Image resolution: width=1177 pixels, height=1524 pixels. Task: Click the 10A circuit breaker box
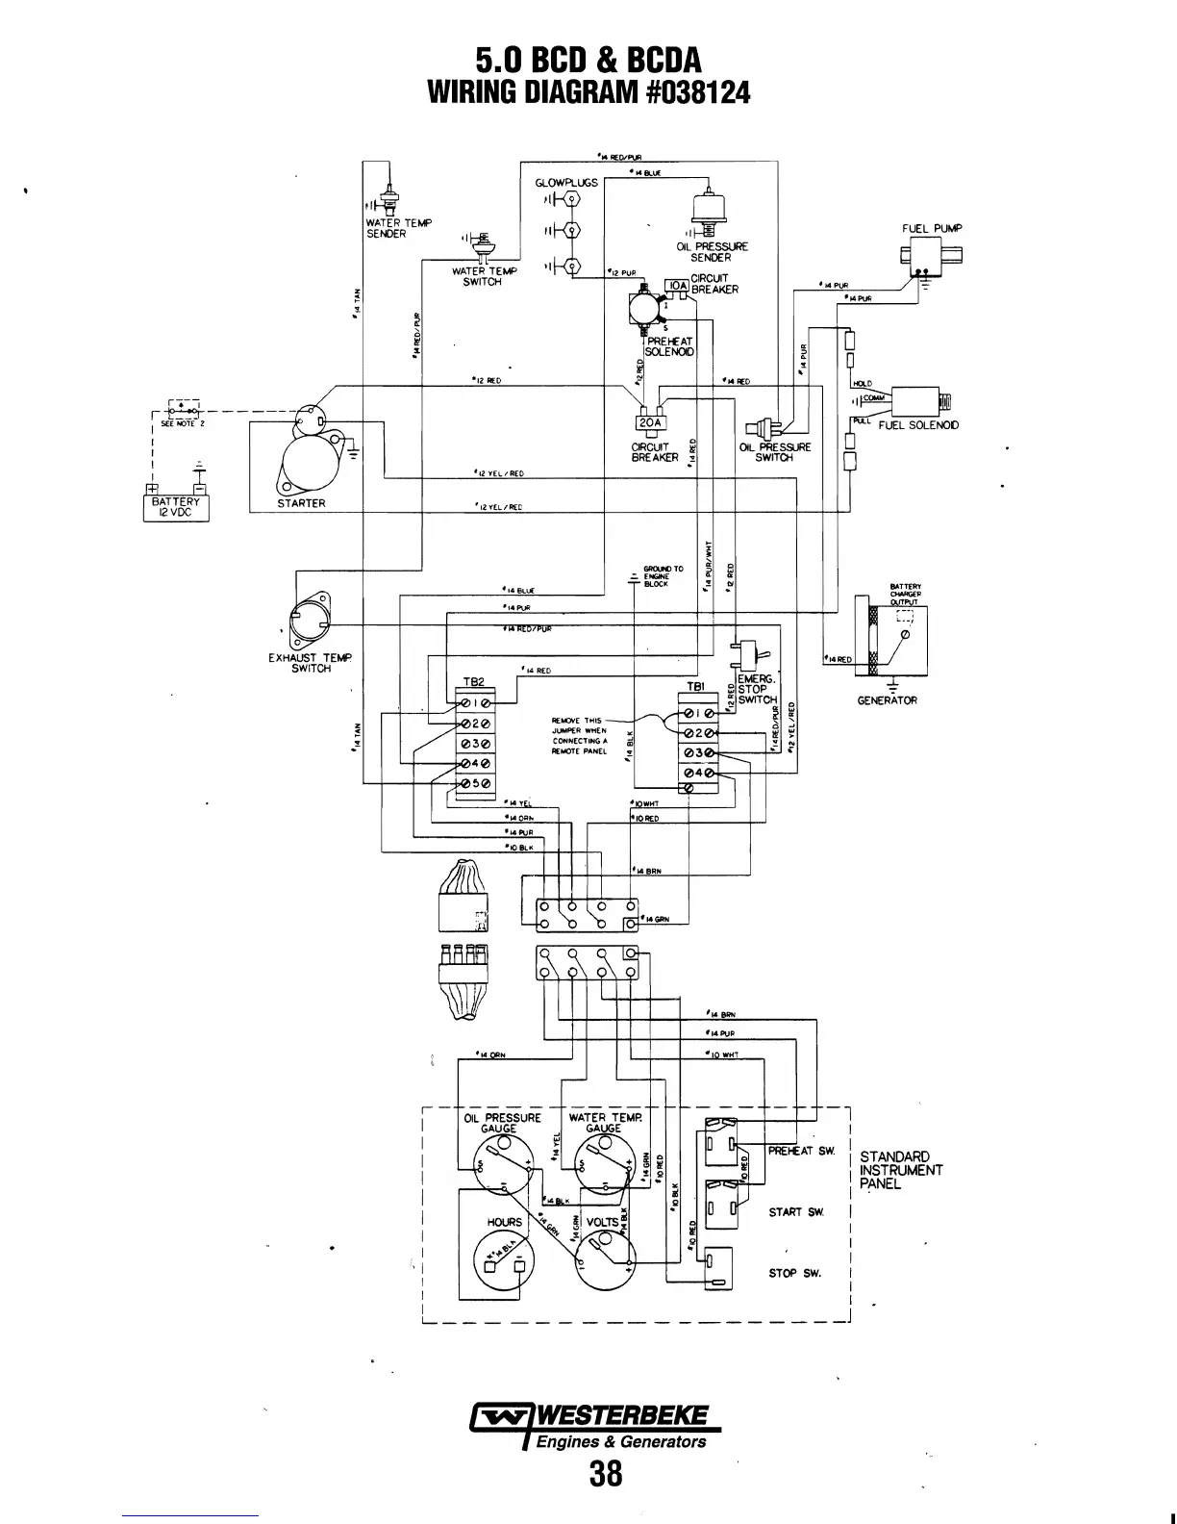[676, 286]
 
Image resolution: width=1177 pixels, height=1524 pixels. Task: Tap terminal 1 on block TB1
[698, 713]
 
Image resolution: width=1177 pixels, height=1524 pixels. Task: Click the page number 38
[607, 1473]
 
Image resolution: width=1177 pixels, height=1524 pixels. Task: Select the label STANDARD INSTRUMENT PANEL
[900, 1170]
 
